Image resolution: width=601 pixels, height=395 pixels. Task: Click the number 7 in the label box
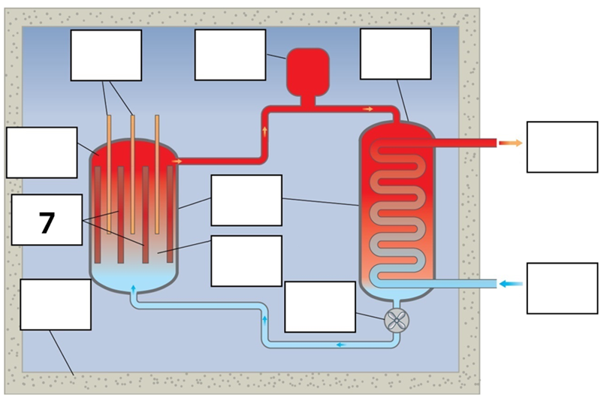(47, 223)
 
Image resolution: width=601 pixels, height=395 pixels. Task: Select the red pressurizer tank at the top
(308, 69)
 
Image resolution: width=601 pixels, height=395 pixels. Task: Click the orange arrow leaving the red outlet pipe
(510, 142)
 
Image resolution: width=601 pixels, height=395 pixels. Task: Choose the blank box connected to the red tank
(230, 55)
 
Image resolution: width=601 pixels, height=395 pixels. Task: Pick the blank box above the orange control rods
(106, 55)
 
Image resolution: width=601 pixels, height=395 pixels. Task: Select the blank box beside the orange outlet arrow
(562, 146)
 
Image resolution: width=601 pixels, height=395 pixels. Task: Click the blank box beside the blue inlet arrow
(562, 288)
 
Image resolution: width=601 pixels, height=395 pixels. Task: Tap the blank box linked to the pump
(321, 306)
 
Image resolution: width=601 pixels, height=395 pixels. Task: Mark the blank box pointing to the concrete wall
(55, 304)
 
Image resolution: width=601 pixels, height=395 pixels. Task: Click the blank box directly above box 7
(41, 152)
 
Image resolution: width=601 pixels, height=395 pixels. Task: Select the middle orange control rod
(133, 173)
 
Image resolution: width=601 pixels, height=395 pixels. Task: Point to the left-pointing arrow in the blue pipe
(340, 345)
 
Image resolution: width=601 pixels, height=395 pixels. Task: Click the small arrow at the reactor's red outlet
(177, 160)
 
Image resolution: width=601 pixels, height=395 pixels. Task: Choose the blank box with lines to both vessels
(246, 200)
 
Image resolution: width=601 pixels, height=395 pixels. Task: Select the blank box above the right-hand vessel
(396, 54)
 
